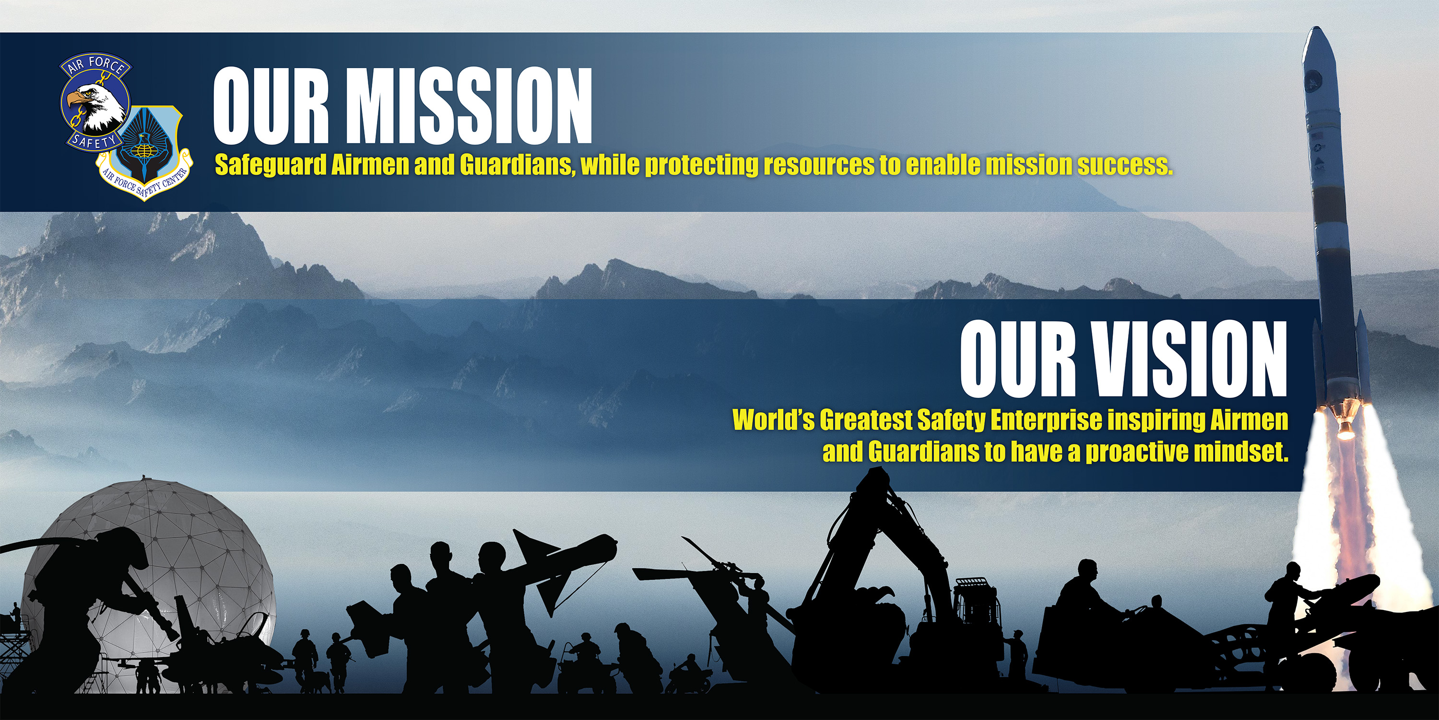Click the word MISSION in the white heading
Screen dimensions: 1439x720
(x=469, y=106)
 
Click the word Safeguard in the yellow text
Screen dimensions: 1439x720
(x=271, y=166)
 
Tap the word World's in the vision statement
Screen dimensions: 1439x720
(x=774, y=420)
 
